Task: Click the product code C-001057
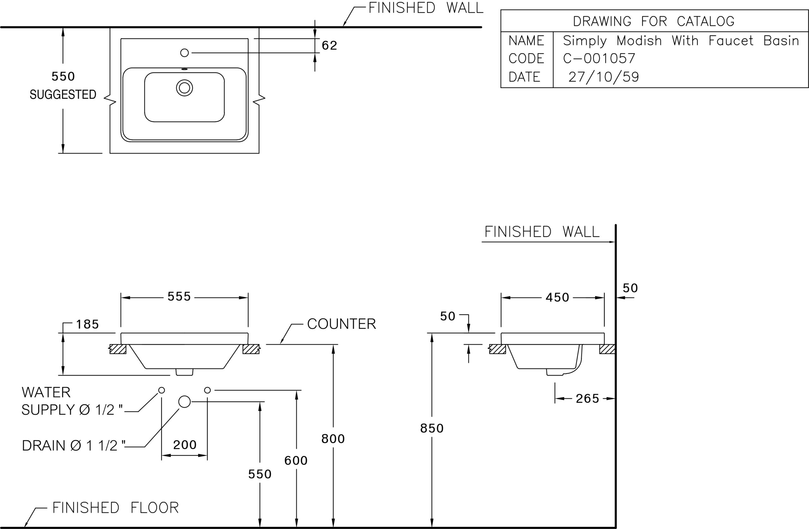pyautogui.click(x=599, y=58)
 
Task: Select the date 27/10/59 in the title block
pyautogui.click(x=604, y=77)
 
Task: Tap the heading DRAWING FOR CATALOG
pyautogui.click(x=654, y=21)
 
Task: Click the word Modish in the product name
pyautogui.click(x=639, y=41)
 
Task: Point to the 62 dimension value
pyautogui.click(x=329, y=45)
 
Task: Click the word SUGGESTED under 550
pyautogui.click(x=63, y=94)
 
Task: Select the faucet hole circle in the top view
pyautogui.click(x=184, y=53)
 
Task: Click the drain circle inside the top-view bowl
pyautogui.click(x=184, y=88)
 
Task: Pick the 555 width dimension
pyautogui.click(x=179, y=297)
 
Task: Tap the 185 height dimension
pyautogui.click(x=87, y=324)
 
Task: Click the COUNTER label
pyautogui.click(x=342, y=324)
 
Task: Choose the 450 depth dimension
pyautogui.click(x=557, y=298)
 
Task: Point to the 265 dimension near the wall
pyautogui.click(x=587, y=399)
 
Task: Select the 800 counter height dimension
pyautogui.click(x=333, y=439)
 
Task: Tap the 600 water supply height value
pyautogui.click(x=296, y=461)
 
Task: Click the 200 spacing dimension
pyautogui.click(x=185, y=445)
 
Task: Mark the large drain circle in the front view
pyautogui.click(x=185, y=402)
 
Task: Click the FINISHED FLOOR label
pyautogui.click(x=116, y=508)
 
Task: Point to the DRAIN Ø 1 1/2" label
pyautogui.click(x=73, y=446)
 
